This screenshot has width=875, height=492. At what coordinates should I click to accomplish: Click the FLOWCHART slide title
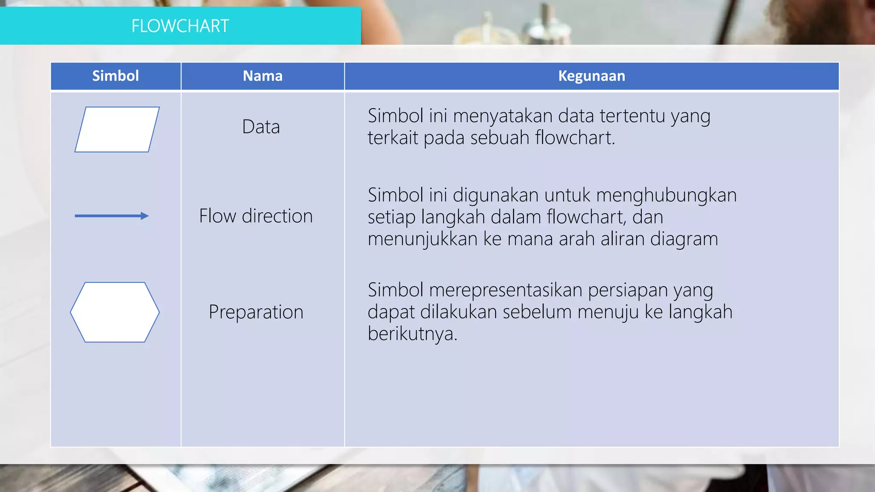180,26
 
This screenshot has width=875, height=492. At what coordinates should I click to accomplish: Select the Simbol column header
115,76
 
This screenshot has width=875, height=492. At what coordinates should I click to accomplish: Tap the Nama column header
262,76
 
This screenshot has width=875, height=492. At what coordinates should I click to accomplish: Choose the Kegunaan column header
591,76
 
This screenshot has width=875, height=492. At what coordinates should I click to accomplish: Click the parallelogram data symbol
117,129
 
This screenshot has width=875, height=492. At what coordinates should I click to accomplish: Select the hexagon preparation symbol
115,312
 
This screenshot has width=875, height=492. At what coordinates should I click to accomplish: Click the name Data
261,127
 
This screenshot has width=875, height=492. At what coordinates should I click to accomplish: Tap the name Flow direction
255,216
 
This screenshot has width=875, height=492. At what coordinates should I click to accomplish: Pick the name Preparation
255,312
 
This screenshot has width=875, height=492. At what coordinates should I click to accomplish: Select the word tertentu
632,116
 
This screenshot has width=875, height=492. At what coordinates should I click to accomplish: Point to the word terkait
393,138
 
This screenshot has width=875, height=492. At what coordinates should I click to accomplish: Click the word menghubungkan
666,195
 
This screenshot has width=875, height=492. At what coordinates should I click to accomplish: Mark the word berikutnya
412,334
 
